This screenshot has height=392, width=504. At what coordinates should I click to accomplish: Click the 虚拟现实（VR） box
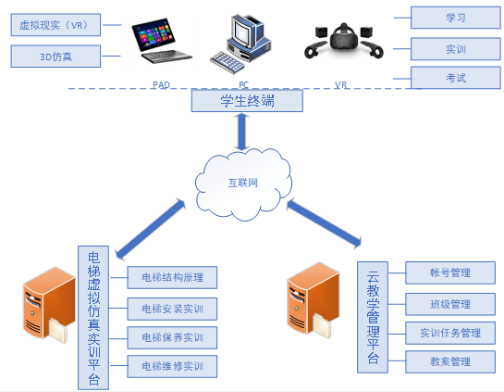pos(55,25)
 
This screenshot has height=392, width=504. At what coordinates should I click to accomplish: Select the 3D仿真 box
pos(55,57)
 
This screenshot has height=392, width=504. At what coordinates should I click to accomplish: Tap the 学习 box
pos(456,18)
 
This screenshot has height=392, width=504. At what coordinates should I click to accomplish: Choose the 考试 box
pos(456,78)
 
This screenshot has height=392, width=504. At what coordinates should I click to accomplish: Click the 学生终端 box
pos(247,101)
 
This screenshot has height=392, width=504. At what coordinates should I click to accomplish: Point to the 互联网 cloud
pos(243,183)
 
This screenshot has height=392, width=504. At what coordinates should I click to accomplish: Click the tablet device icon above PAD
pos(160,41)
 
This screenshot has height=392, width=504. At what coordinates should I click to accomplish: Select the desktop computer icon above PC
pos(240,44)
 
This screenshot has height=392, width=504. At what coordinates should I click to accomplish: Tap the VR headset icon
pos(344,41)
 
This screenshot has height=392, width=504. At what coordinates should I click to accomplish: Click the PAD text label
pos(161,84)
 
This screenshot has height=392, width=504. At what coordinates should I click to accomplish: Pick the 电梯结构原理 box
pos(172,277)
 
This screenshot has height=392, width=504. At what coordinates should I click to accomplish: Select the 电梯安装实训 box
pos(172,309)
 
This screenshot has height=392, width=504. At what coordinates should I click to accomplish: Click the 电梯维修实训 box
pos(172,366)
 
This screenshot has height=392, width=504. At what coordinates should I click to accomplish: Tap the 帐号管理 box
pos(450,272)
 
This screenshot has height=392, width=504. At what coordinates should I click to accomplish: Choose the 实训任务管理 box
pos(450,333)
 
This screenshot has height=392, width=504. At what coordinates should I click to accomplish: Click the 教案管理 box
pos(450,361)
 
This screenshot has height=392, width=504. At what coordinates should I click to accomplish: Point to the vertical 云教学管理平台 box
pos(373,317)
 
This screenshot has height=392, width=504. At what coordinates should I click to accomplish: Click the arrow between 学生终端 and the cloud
pos(241,132)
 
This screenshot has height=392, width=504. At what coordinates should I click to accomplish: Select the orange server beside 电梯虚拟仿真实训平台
pos(49,304)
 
